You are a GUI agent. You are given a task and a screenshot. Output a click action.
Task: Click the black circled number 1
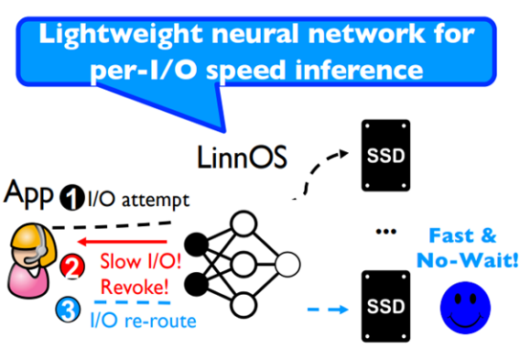72,195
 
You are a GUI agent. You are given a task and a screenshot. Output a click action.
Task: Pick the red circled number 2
70,268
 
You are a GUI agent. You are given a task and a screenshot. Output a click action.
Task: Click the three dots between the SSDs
384,228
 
